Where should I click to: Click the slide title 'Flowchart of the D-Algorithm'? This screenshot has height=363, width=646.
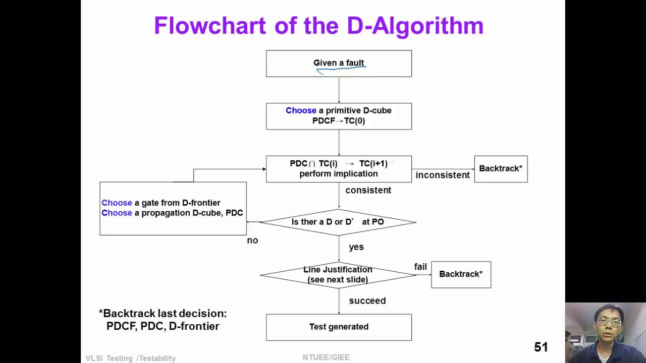pos(318,26)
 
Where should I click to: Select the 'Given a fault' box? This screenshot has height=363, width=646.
pos(339,64)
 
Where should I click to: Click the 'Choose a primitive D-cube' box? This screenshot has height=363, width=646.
pos(339,116)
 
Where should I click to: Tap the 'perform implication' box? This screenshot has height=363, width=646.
pos(339,169)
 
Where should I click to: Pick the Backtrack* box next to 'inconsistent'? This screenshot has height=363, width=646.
pos(501,169)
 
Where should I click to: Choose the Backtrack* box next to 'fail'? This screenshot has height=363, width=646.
pos(461,274)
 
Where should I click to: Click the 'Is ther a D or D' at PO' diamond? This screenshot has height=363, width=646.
pos(338,222)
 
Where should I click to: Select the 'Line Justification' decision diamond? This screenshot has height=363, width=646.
pos(338,275)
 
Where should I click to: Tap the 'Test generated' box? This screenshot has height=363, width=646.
pos(339,327)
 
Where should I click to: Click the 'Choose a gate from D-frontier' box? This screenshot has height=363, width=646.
pos(173,208)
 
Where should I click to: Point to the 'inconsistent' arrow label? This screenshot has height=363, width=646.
pos(443,175)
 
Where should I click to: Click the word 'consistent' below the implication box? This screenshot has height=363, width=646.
pos(368,191)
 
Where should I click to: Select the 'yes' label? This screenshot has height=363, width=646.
pos(356,247)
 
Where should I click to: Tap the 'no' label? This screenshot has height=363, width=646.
pos(252,240)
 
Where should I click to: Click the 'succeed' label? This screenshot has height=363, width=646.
pos(367,301)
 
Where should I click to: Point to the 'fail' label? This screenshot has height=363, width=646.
pos(420,267)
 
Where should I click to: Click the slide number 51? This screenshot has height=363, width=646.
pos(541,347)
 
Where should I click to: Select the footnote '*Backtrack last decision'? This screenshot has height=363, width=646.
pos(163,320)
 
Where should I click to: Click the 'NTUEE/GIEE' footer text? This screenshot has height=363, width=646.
pos(326,357)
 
